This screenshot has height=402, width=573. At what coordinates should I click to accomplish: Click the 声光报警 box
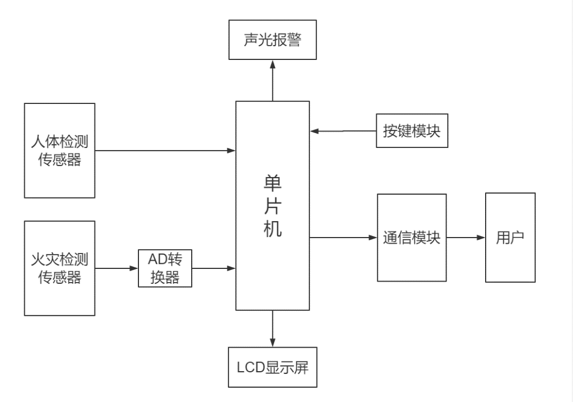coord(272,41)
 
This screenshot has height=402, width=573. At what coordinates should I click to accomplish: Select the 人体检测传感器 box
coord(59,151)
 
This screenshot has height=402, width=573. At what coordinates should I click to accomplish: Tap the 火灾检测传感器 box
coord(59,268)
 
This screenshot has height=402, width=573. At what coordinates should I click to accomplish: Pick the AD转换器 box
coord(165,268)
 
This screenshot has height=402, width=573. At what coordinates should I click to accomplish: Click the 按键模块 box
coord(411,131)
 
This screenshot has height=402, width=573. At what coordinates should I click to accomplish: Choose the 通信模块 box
coord(411,238)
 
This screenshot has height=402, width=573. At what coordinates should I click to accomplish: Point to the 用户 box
coord(510,238)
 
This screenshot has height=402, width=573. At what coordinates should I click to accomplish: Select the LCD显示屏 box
coord(272,367)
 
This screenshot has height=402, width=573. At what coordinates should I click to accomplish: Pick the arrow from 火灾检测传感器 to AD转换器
coord(116,268)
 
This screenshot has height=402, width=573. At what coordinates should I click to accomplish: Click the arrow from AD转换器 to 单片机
coord(214,268)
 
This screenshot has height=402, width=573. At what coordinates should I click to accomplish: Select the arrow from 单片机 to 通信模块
coord(343,238)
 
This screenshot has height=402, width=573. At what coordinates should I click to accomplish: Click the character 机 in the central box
coord(272,228)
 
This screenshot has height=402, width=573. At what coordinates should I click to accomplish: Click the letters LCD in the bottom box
coord(250,367)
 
